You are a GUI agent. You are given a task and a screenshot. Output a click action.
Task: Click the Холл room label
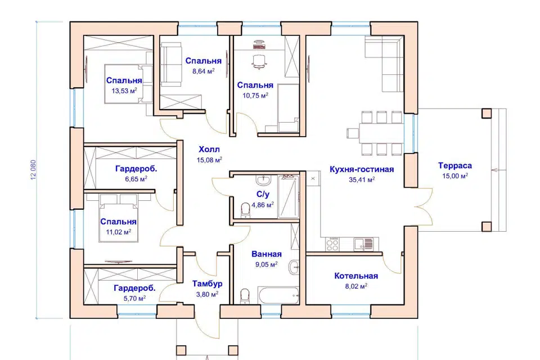209,150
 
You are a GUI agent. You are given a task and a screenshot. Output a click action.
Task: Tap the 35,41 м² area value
362,179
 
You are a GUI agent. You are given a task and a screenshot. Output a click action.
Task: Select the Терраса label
455,166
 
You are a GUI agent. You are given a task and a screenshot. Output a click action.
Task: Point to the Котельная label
356,276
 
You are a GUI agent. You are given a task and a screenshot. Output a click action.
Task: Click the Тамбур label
207,284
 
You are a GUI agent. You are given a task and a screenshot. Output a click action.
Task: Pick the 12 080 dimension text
33,169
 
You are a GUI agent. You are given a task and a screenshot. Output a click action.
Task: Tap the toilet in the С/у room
245,210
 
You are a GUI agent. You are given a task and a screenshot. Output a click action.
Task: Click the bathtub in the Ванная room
278,296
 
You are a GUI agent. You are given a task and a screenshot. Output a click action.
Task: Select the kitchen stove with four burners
332,244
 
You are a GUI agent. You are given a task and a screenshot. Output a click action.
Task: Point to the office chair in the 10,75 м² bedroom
259,61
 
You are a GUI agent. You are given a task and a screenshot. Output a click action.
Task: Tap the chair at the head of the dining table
353,133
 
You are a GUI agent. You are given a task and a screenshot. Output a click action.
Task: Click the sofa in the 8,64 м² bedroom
171,65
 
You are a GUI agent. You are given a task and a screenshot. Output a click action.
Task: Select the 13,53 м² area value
124,91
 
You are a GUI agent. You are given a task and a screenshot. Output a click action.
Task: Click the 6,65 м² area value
136,179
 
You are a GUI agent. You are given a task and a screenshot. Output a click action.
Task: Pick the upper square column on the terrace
486,113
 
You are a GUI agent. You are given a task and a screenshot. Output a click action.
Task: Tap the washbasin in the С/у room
264,179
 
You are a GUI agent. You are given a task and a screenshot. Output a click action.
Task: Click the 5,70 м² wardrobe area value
134,298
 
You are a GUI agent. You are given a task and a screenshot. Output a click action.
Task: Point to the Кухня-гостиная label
362,169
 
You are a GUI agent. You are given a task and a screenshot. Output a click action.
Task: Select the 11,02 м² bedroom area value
119,232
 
